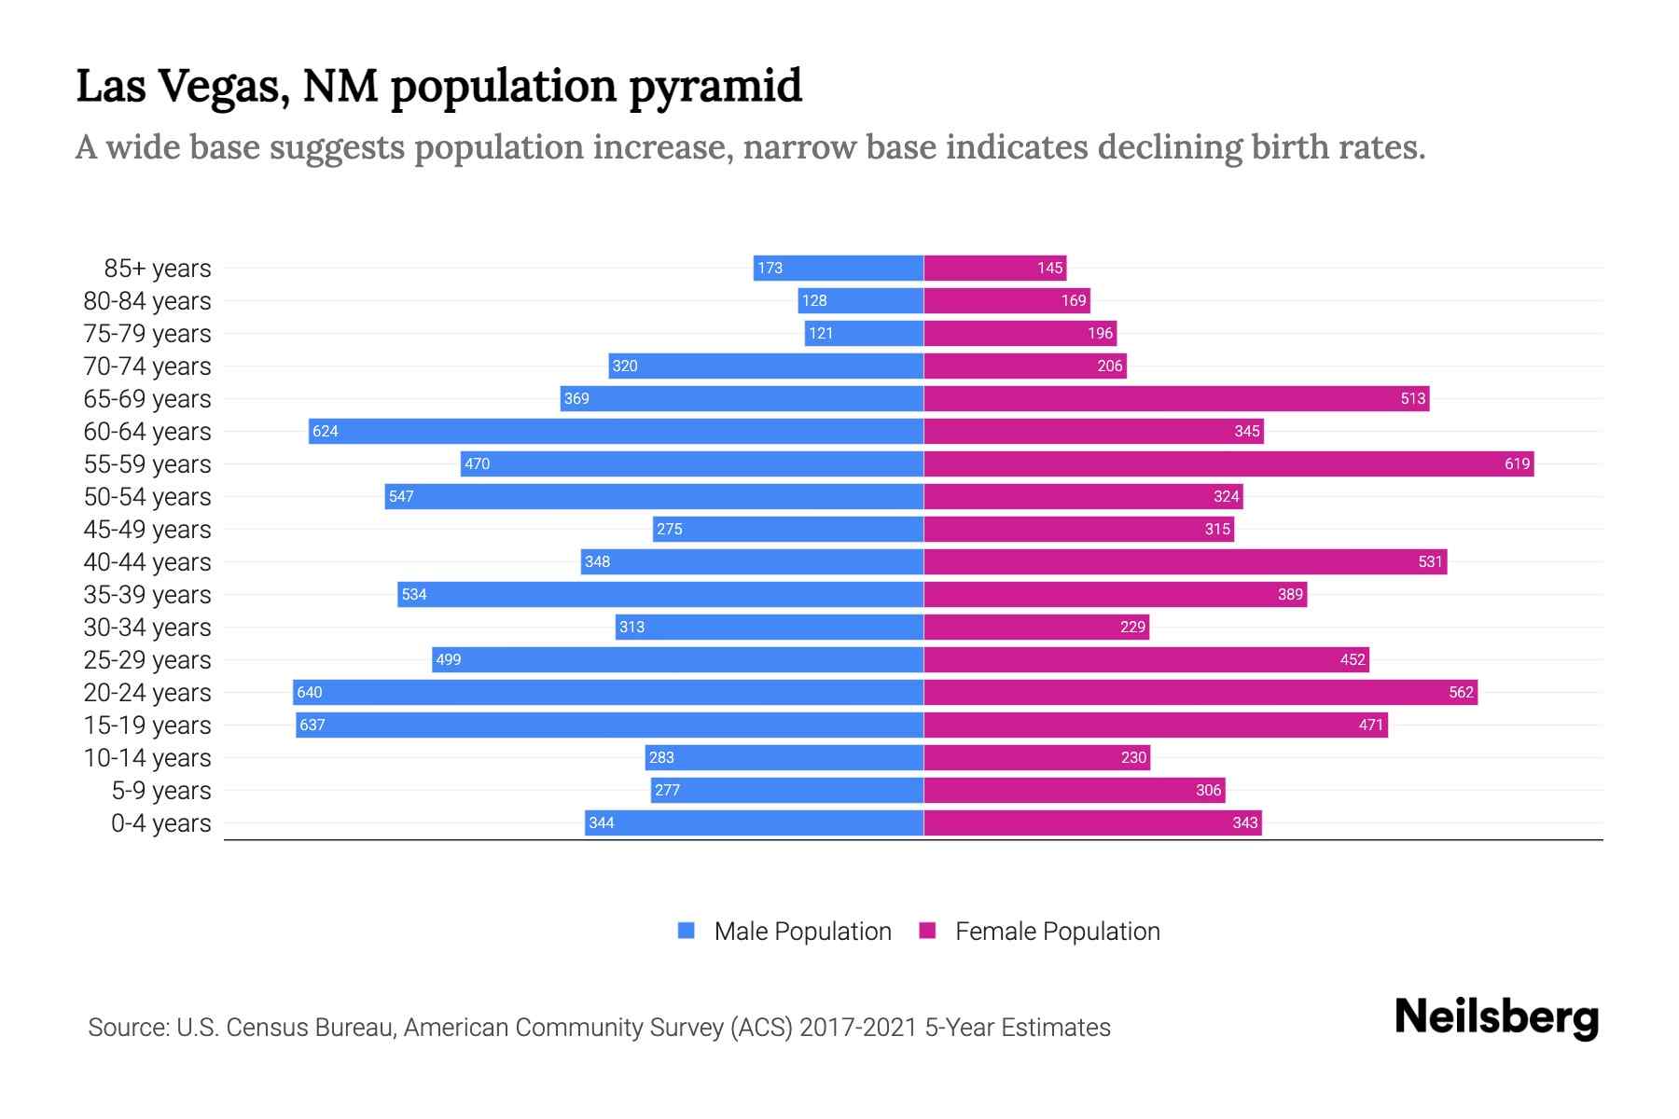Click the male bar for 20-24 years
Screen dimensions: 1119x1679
coord(608,692)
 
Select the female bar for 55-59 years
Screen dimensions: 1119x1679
coord(1228,463)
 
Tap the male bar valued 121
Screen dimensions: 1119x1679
coord(864,333)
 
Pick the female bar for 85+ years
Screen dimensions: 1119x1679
coord(994,268)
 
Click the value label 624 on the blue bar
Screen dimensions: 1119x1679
coord(326,431)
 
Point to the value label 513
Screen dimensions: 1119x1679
coord(1412,398)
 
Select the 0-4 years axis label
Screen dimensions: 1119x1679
coord(160,823)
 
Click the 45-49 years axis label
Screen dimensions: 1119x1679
coord(147,530)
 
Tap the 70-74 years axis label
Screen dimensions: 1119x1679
coord(147,366)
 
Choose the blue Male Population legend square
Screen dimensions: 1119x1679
coord(687,931)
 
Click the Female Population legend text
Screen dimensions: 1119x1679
coord(1057,932)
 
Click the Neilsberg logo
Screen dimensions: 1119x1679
coord(1496,1017)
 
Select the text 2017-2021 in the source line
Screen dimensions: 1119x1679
coord(858,1028)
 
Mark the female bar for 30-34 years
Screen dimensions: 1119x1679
coord(1035,627)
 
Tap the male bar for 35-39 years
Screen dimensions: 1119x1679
coord(660,594)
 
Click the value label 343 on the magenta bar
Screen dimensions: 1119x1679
coord(1244,822)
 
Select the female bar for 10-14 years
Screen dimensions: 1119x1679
coord(1036,757)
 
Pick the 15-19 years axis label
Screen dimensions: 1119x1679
coord(147,725)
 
